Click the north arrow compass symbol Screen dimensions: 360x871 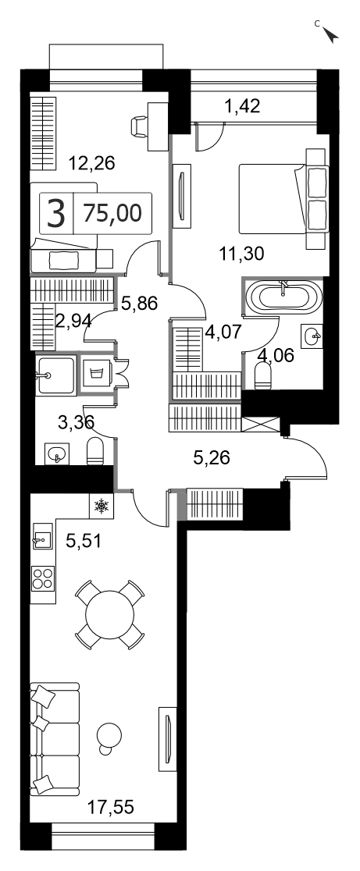point(331,35)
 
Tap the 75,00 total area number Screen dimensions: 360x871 point(112,212)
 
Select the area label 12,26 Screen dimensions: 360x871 point(91,163)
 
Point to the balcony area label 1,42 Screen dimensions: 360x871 point(242,105)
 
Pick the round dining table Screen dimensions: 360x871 point(109,615)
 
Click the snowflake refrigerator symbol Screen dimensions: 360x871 point(101,506)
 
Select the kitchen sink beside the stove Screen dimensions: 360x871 point(42,536)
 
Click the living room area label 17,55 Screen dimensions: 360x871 point(111,806)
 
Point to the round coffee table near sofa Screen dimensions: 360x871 point(109,736)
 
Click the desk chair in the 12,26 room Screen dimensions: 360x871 point(140,126)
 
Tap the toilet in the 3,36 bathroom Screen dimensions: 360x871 point(95,451)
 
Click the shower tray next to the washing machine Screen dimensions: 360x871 point(55,375)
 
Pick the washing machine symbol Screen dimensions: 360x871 point(95,373)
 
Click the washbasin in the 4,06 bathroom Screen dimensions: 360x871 point(312,335)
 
